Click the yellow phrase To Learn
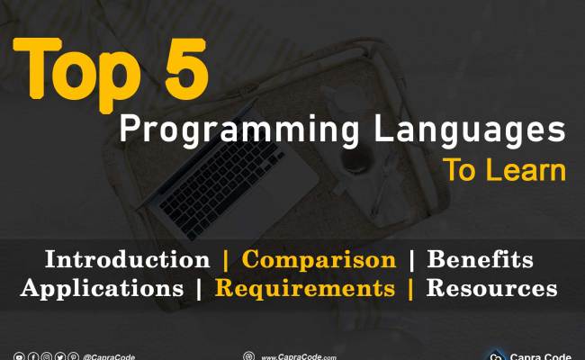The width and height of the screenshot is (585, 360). point(503,171)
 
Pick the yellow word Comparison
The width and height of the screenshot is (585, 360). point(319,260)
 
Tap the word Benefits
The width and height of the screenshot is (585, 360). point(480,260)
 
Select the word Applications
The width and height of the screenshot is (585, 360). point(102,289)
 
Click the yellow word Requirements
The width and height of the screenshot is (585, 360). point(304,289)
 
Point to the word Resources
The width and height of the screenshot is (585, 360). point(491,289)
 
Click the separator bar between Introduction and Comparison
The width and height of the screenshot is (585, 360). point(226,260)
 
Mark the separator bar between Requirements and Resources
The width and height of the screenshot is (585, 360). point(410,289)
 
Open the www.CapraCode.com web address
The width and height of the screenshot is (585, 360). point(299,357)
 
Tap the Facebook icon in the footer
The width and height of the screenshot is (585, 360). point(32,356)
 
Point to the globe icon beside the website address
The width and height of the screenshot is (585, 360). point(248,356)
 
